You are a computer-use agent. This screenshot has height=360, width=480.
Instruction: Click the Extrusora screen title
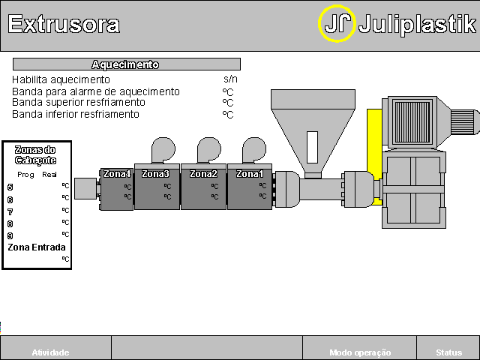[64, 24]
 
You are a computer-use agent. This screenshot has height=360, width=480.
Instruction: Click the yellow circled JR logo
[337, 24]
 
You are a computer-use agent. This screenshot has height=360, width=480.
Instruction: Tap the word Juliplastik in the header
[417, 24]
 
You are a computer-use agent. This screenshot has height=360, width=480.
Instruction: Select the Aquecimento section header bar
[126, 64]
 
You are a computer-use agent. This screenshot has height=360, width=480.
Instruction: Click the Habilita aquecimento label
[61, 79]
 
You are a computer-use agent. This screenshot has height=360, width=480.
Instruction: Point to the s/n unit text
[230, 79]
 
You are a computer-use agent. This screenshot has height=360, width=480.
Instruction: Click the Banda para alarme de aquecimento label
[96, 91]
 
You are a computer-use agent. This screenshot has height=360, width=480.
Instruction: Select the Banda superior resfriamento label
[79, 102]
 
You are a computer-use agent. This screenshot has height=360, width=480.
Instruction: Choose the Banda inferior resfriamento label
[76, 114]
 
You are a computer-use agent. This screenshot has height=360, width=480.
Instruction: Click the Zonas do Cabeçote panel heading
[36, 155]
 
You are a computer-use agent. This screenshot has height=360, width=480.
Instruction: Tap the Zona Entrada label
[37, 247]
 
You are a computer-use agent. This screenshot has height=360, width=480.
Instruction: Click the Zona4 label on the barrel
[117, 174]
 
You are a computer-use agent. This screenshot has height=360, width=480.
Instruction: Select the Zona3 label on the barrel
[156, 173]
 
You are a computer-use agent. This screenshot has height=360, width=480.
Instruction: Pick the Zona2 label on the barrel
[203, 173]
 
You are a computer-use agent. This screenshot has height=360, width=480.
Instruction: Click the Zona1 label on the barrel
[250, 173]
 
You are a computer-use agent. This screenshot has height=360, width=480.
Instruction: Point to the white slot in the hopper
[312, 147]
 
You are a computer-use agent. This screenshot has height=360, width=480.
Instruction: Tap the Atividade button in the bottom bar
[50, 352]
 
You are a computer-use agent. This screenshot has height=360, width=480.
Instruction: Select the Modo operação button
[360, 352]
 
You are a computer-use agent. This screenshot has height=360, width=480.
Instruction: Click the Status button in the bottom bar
[448, 352]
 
